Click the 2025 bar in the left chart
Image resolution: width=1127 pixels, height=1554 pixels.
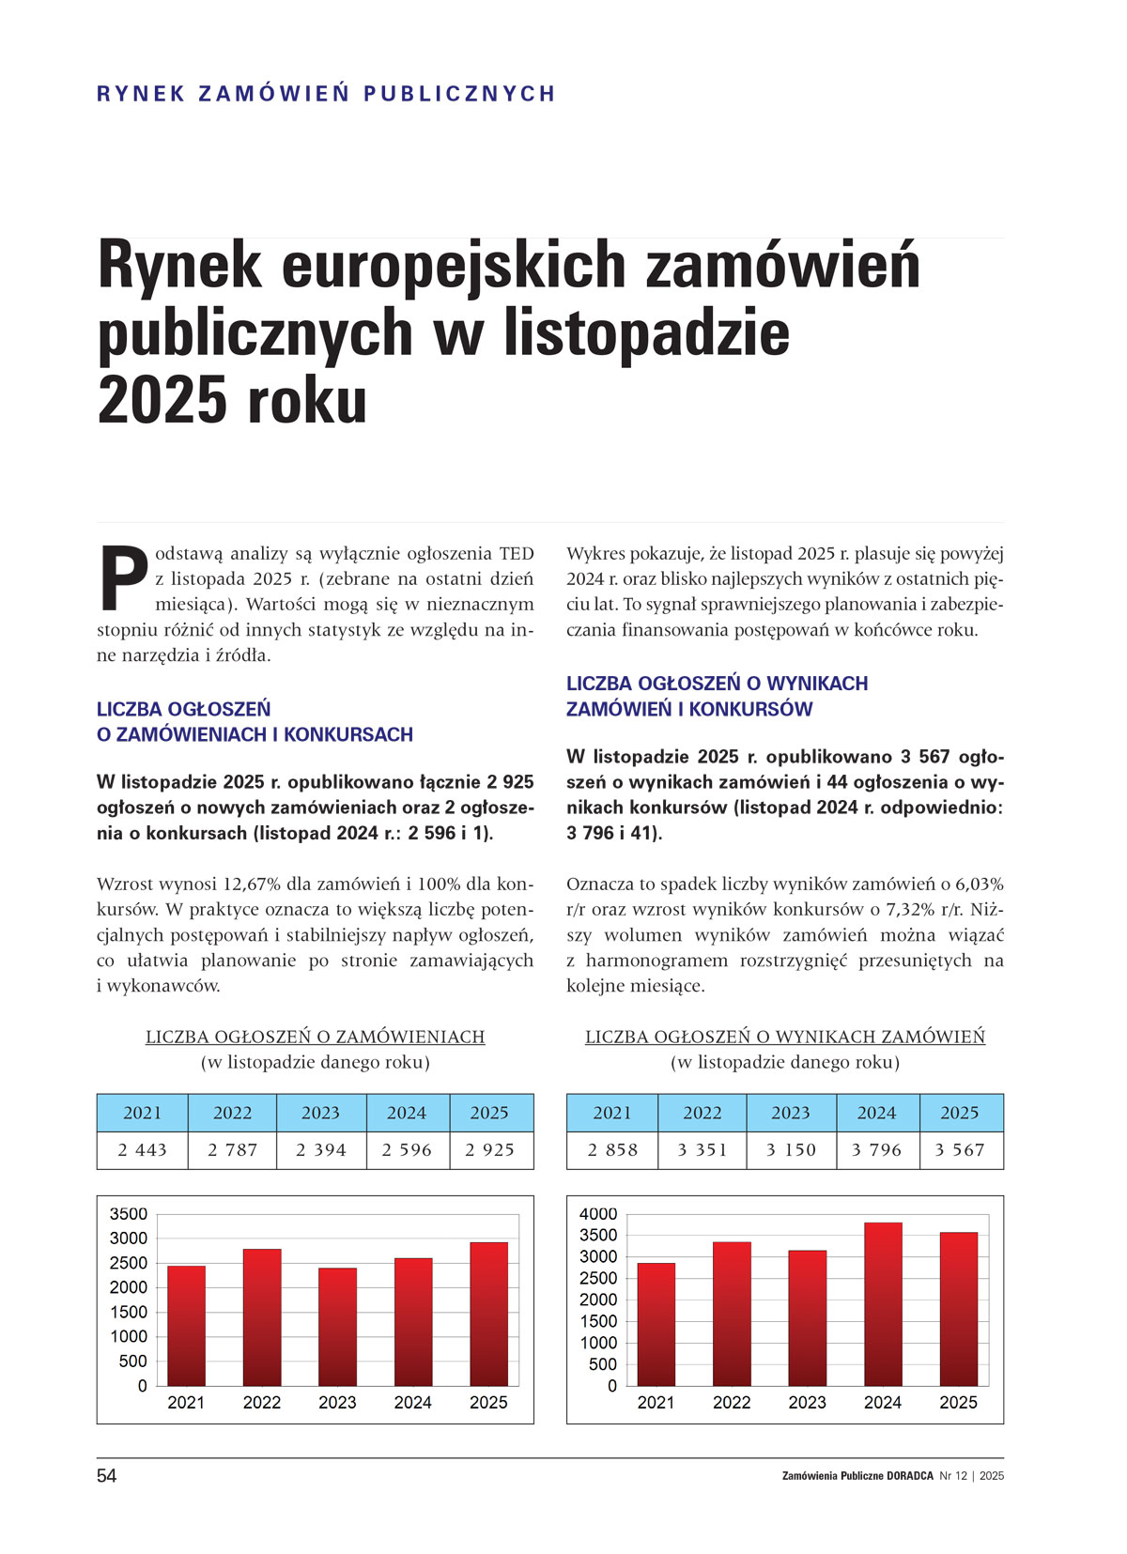click(x=488, y=1314)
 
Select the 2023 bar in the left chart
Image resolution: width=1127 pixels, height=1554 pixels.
click(x=337, y=1326)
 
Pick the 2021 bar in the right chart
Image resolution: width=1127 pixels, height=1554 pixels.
click(x=656, y=1324)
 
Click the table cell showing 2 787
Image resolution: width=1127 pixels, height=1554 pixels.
click(x=232, y=1150)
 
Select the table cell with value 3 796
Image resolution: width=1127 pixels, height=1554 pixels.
click(x=876, y=1150)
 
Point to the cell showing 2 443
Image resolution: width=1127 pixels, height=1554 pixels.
click(x=142, y=1150)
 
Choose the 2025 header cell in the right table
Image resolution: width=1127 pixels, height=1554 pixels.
click(x=960, y=1113)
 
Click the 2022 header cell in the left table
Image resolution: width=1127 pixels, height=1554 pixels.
click(x=232, y=1113)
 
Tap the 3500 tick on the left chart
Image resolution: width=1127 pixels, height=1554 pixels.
click(x=129, y=1214)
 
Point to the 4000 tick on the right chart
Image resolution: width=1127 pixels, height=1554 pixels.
click(x=598, y=1214)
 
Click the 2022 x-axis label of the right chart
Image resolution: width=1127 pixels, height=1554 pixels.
click(x=732, y=1403)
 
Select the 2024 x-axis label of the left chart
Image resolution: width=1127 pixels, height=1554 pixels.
click(x=412, y=1403)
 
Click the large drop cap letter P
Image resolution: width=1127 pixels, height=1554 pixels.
click(x=122, y=576)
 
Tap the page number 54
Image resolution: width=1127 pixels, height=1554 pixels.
click(x=107, y=1476)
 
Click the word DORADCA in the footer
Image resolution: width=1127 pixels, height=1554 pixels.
click(x=910, y=1476)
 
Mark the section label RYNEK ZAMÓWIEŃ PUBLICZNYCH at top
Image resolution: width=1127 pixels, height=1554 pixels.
click(x=326, y=94)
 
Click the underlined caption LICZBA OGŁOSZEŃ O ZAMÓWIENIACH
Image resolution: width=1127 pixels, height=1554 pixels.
click(x=315, y=1037)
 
